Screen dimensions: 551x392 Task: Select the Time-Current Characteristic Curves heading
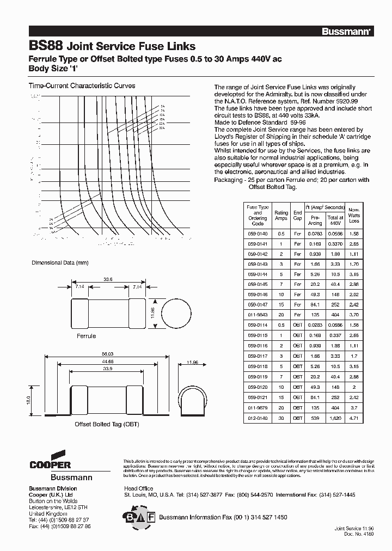pos(82,86)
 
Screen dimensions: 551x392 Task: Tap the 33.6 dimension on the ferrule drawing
pos(108,279)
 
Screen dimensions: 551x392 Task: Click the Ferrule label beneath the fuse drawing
pos(86,336)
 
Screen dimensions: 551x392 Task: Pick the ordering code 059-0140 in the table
pos(258,233)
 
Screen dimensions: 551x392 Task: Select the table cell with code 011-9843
pos(258,314)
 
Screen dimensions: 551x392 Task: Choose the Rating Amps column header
pos(281,216)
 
